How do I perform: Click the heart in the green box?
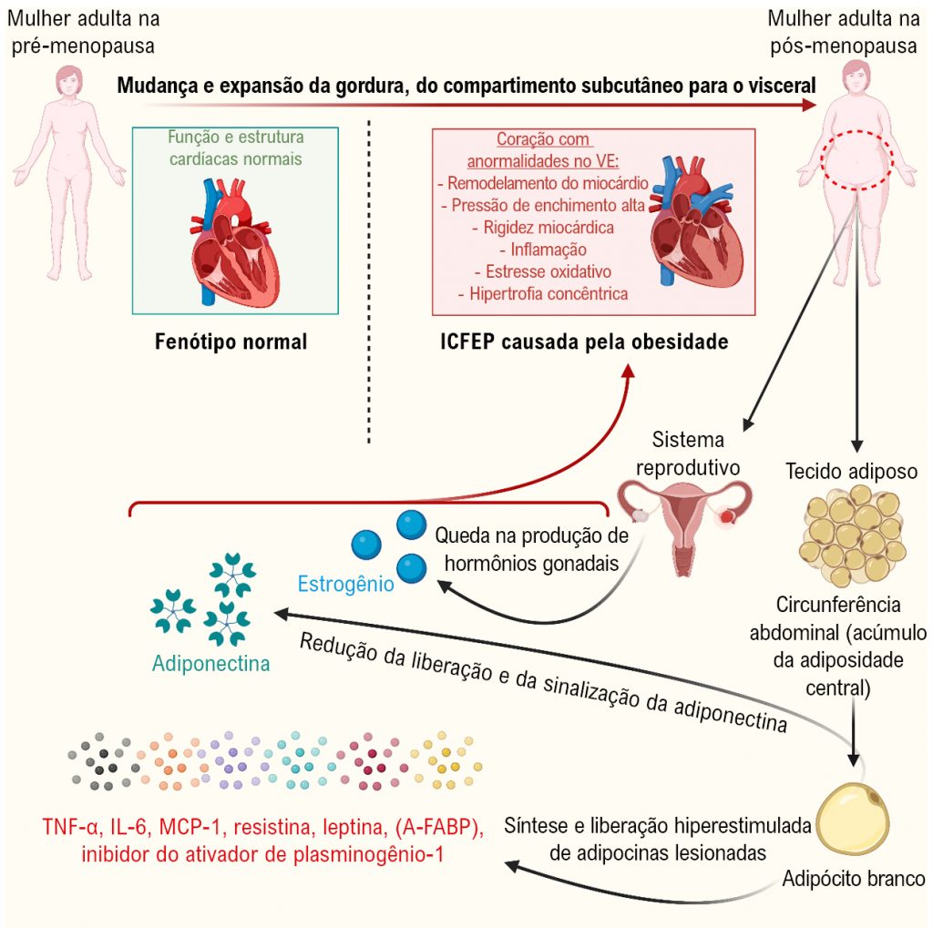point(235,240)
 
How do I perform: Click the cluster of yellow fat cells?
point(853,538)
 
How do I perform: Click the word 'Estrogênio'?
point(345,582)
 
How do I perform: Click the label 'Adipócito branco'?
point(854,879)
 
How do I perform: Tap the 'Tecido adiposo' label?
point(851,472)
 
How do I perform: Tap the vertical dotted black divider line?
point(369,282)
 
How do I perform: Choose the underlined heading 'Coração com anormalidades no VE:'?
point(544,152)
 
